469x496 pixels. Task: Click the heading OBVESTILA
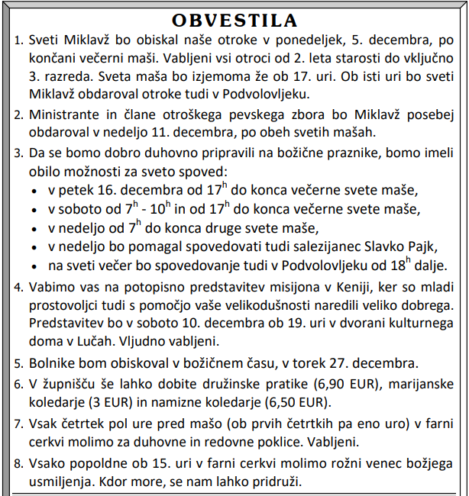[234, 20]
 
